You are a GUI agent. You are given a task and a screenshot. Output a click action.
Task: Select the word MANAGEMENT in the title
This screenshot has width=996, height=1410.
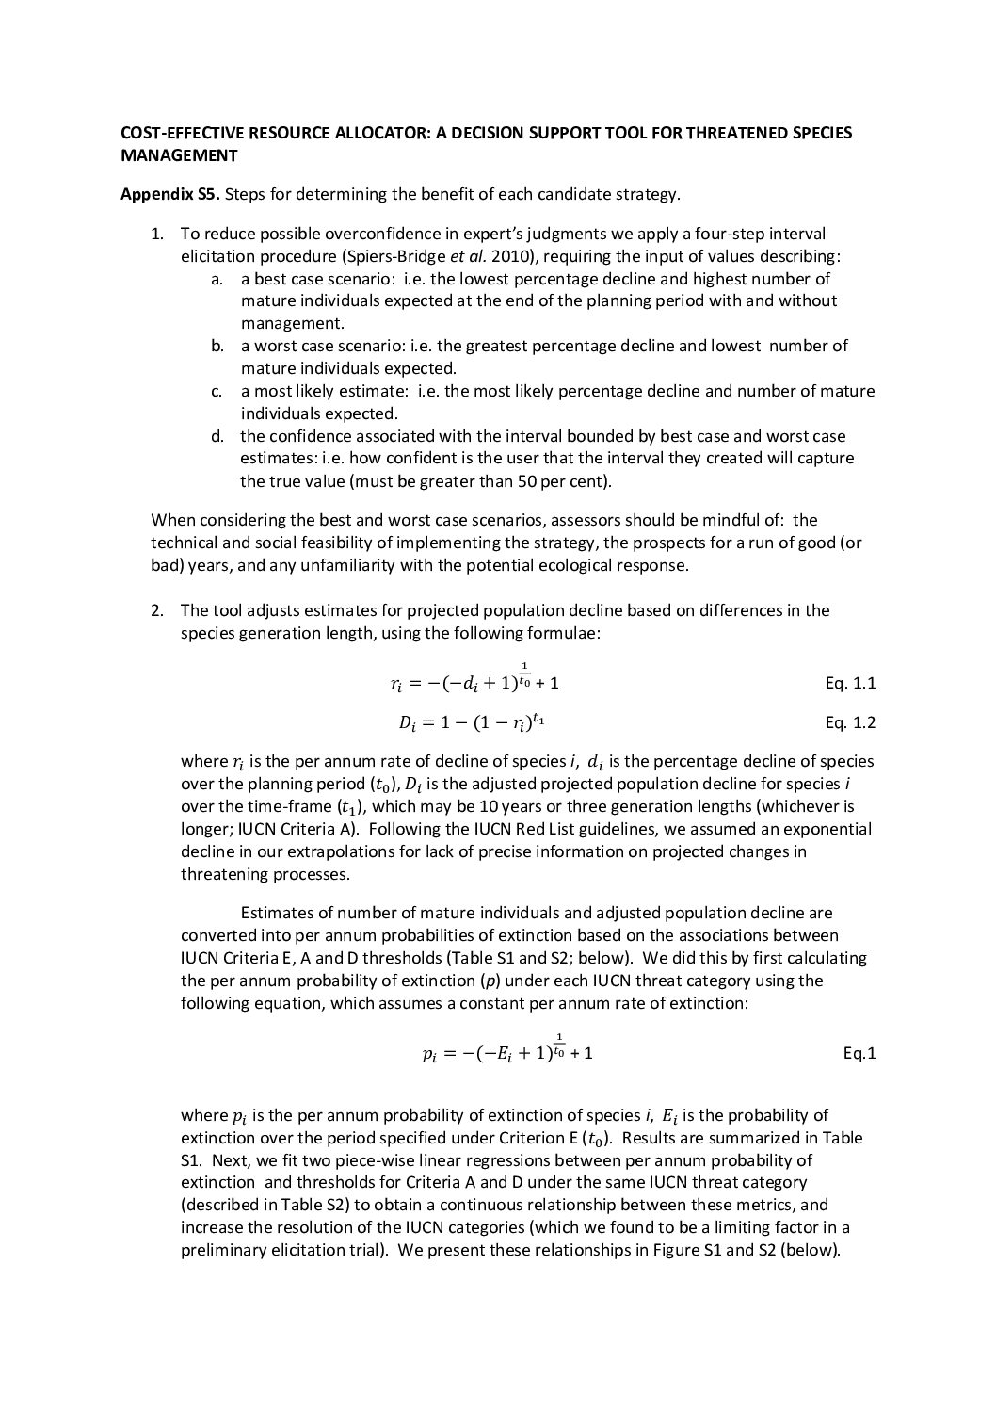coord(178,155)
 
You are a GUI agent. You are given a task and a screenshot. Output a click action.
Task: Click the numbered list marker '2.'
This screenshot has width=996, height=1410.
coord(158,610)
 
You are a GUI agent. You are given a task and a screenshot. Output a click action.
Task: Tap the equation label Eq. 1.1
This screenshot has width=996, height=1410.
coord(850,684)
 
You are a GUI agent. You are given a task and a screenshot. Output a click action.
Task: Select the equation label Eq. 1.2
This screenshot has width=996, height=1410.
coord(850,723)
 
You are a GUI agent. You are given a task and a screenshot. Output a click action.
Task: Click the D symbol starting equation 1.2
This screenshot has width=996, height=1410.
coord(407,724)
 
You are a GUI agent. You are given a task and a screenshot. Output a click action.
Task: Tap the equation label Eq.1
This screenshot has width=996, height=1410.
coord(859,1054)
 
